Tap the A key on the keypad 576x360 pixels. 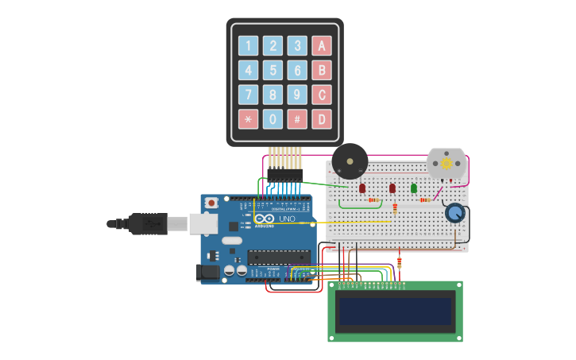click(x=321, y=46)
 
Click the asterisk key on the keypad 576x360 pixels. click(x=248, y=119)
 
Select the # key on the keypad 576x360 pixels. click(x=296, y=119)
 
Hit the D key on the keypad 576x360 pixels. click(x=321, y=119)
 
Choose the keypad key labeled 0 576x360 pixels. click(x=273, y=119)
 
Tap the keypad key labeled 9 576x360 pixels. click(x=296, y=95)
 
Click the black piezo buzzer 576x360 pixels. click(x=350, y=161)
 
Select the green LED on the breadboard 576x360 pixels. click(x=414, y=188)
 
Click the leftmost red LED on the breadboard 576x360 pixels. click(x=362, y=188)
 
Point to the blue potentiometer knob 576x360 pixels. click(x=454, y=213)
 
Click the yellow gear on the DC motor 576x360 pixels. click(x=446, y=163)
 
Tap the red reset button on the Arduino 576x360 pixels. click(x=211, y=203)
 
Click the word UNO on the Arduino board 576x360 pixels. click(x=286, y=219)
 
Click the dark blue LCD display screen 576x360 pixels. click(x=395, y=311)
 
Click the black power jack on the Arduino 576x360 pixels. click(x=207, y=272)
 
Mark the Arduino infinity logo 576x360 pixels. click(x=265, y=219)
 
